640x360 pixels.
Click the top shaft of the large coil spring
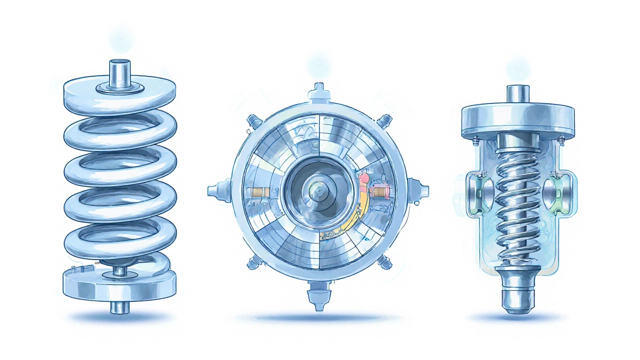point(119,72)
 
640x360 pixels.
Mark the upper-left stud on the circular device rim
point(254,121)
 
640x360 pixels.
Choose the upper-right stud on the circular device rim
point(384,121)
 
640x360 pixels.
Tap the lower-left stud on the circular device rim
point(253,261)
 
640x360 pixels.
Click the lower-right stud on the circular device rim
point(384,261)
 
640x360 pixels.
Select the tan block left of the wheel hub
point(258,192)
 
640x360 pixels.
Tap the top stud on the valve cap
point(517,93)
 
